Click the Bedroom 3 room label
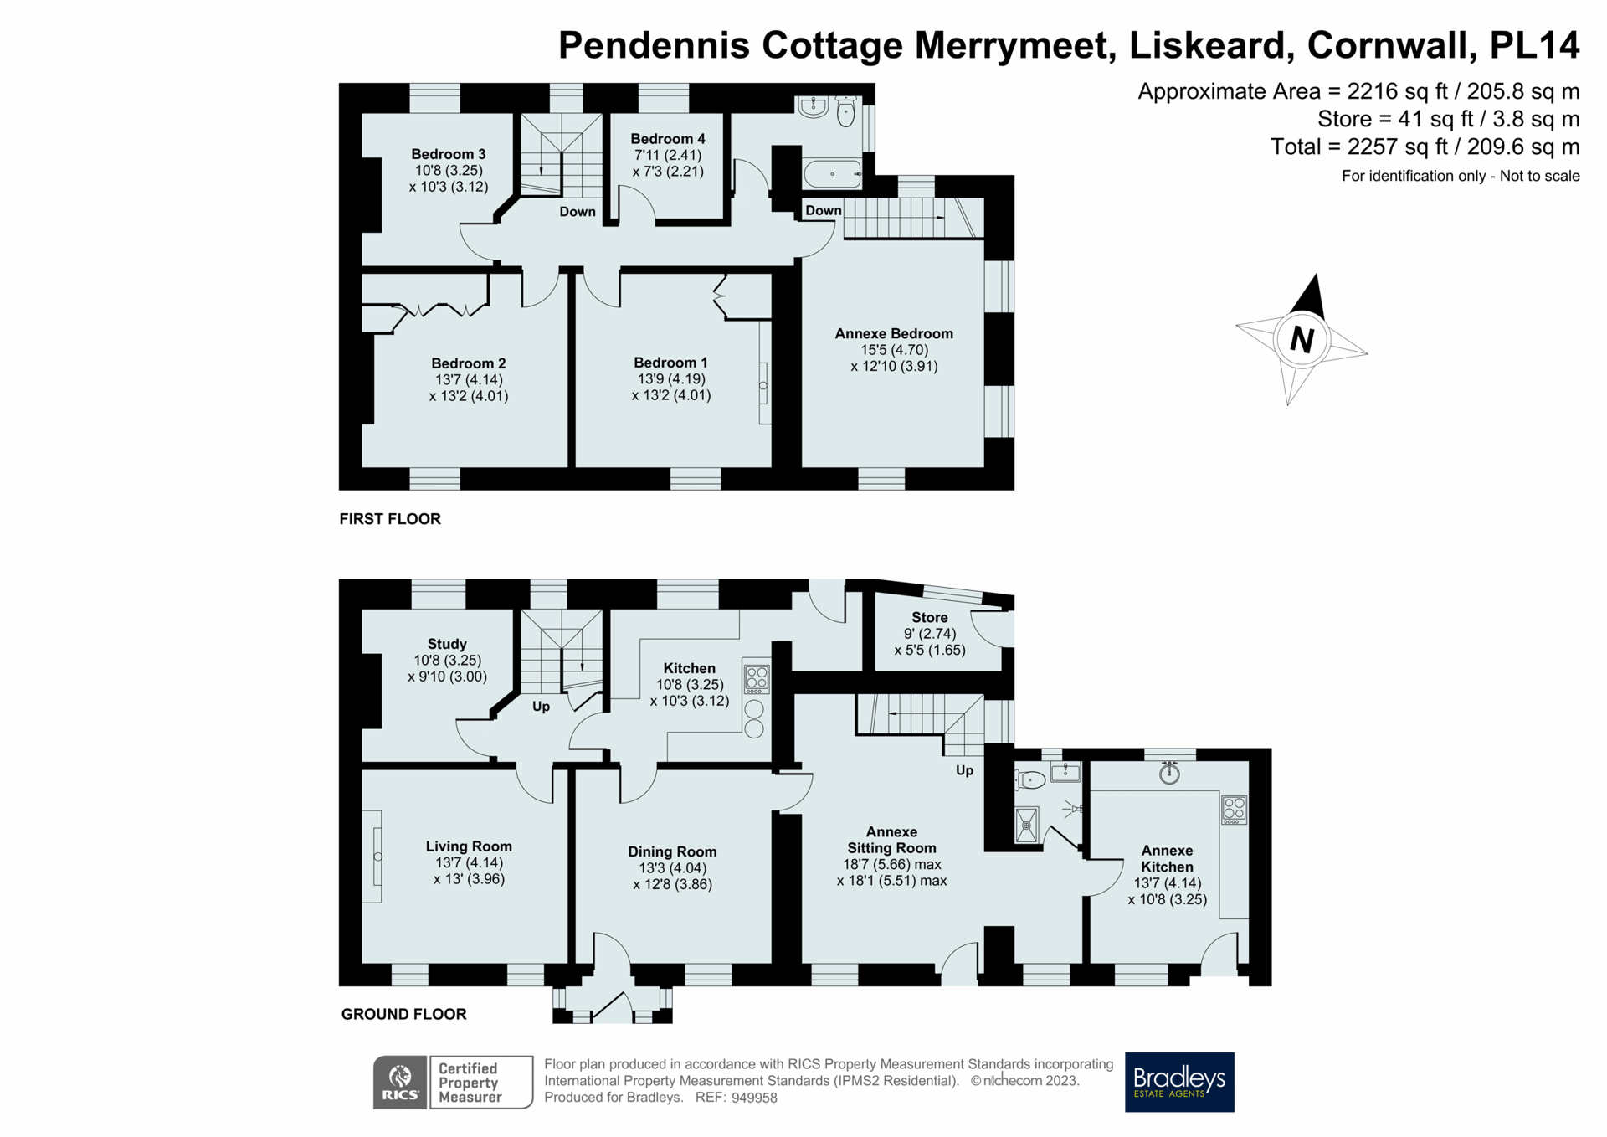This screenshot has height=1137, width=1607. coord(448,154)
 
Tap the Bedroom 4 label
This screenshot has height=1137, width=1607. coord(667,139)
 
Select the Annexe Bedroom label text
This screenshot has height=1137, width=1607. coord(894,333)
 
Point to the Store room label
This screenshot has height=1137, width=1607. coord(929,618)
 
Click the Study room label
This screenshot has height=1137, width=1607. coord(446,644)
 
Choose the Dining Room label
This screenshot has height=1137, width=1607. coord(672,851)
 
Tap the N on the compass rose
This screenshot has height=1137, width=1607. coord(1301,340)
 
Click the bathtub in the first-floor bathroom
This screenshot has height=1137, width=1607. coord(832,174)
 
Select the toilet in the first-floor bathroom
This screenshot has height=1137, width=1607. coord(846,112)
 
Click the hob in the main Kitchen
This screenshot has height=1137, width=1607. coord(756,679)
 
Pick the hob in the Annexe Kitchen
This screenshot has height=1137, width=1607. coord(1234,810)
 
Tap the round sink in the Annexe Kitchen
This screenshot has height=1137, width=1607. coord(1169,774)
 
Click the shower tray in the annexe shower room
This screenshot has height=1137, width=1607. coord(1026,825)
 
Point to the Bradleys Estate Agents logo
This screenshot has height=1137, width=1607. coord(1178,1082)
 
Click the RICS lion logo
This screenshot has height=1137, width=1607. coord(401,1082)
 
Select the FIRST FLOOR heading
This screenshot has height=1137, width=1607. coord(390,519)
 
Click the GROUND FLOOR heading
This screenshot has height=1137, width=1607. coord(403,1014)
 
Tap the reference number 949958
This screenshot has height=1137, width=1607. coord(754,1098)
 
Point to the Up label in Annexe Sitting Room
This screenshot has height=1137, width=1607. coord(964,770)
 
